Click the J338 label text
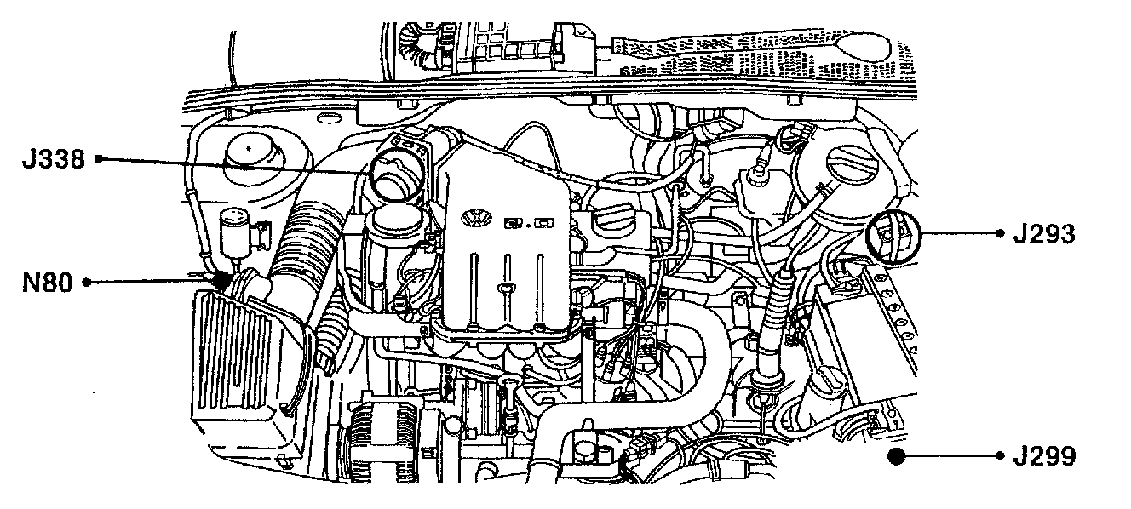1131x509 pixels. click(x=52, y=159)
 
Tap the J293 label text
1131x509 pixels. click(x=1044, y=233)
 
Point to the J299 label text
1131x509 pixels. click(x=1044, y=457)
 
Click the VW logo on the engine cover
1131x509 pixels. click(x=475, y=218)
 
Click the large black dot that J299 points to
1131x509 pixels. click(x=895, y=457)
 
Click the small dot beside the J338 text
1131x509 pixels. click(x=99, y=159)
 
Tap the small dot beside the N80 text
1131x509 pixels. click(x=87, y=283)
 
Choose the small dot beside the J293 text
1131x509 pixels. click(x=1000, y=233)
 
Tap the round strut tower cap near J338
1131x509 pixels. click(x=251, y=159)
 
